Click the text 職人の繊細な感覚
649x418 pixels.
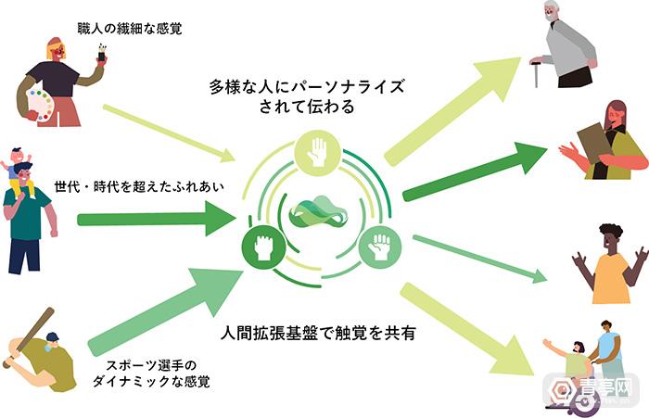(130, 29)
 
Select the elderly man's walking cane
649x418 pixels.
(536, 73)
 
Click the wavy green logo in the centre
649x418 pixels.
(317, 212)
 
